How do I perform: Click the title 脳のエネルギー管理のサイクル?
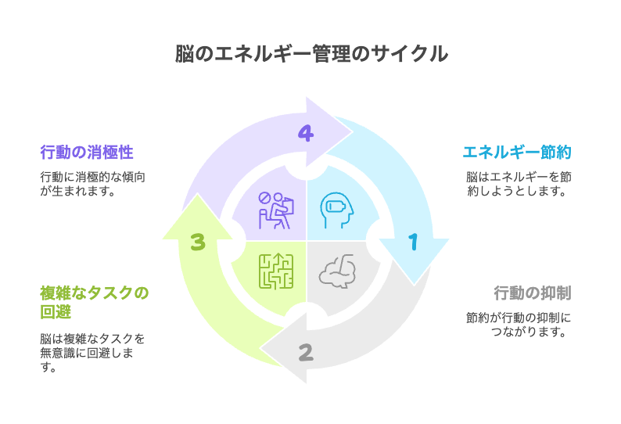(x=310, y=53)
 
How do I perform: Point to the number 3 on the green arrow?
(x=198, y=243)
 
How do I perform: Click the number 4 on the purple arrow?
(x=306, y=134)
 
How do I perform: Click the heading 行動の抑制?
(x=533, y=293)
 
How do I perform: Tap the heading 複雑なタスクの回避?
(x=94, y=303)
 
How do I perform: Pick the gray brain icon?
(x=337, y=271)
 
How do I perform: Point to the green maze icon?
(x=275, y=271)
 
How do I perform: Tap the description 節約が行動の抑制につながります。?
(x=519, y=325)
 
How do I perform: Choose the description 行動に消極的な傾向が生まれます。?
(x=92, y=184)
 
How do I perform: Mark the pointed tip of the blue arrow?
(x=413, y=284)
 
